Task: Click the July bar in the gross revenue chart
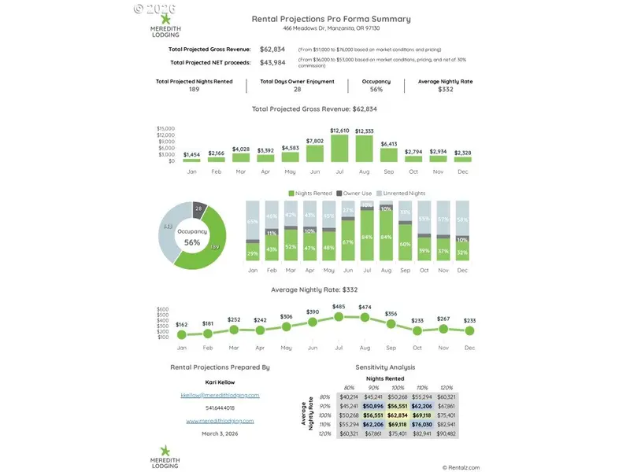pyautogui.click(x=339, y=149)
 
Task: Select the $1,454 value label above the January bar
pyautogui.click(x=191, y=153)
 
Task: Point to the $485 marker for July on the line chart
pyautogui.click(x=339, y=316)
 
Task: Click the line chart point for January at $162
pyautogui.click(x=182, y=334)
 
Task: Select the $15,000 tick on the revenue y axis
pyautogui.click(x=166, y=128)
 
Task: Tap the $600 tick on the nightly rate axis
pyautogui.click(x=163, y=310)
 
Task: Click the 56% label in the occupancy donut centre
pyautogui.click(x=192, y=243)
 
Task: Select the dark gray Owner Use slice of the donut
pyautogui.click(x=198, y=209)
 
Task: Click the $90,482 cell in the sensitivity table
pyautogui.click(x=446, y=433)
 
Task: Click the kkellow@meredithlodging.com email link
pyautogui.click(x=220, y=395)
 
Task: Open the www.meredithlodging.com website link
pyautogui.click(x=220, y=421)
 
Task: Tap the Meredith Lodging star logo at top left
pyautogui.click(x=165, y=18)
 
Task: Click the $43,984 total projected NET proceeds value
pyautogui.click(x=272, y=62)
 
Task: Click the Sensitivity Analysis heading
pyautogui.click(x=385, y=367)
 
